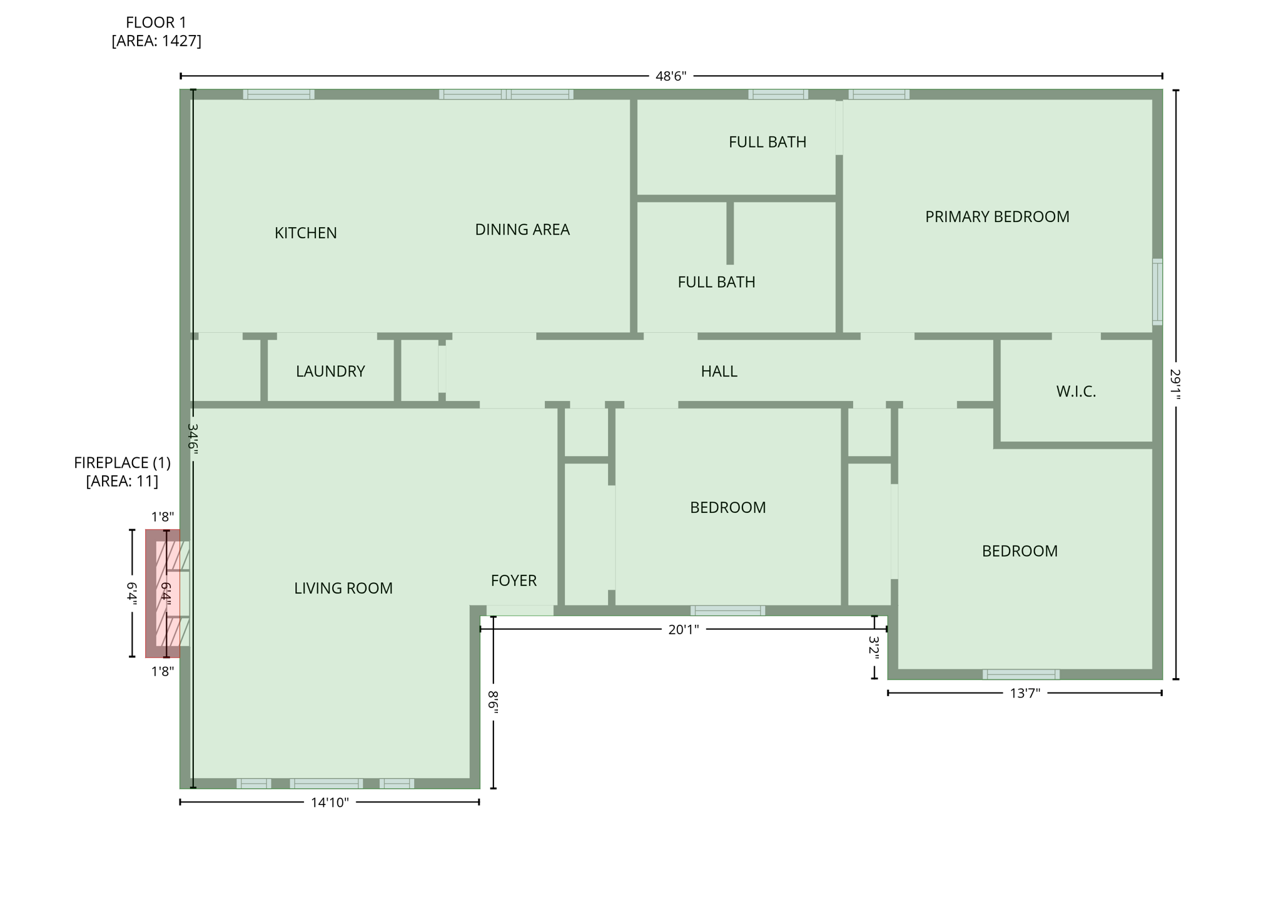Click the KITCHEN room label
(x=305, y=233)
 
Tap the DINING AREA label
(x=522, y=230)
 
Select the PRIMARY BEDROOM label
(x=996, y=216)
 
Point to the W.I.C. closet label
(x=1075, y=392)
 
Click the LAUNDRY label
(x=330, y=371)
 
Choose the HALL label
(x=719, y=371)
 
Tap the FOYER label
(x=514, y=580)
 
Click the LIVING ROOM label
(x=343, y=588)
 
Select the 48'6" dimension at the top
(x=671, y=76)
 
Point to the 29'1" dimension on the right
(x=1175, y=384)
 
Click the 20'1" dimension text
(x=683, y=629)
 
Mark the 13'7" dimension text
(x=1025, y=693)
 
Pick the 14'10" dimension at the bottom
(x=330, y=803)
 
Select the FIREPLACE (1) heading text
(x=122, y=463)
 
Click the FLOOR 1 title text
(x=156, y=23)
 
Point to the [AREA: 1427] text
(x=156, y=41)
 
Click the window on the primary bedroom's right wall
(x=1157, y=292)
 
